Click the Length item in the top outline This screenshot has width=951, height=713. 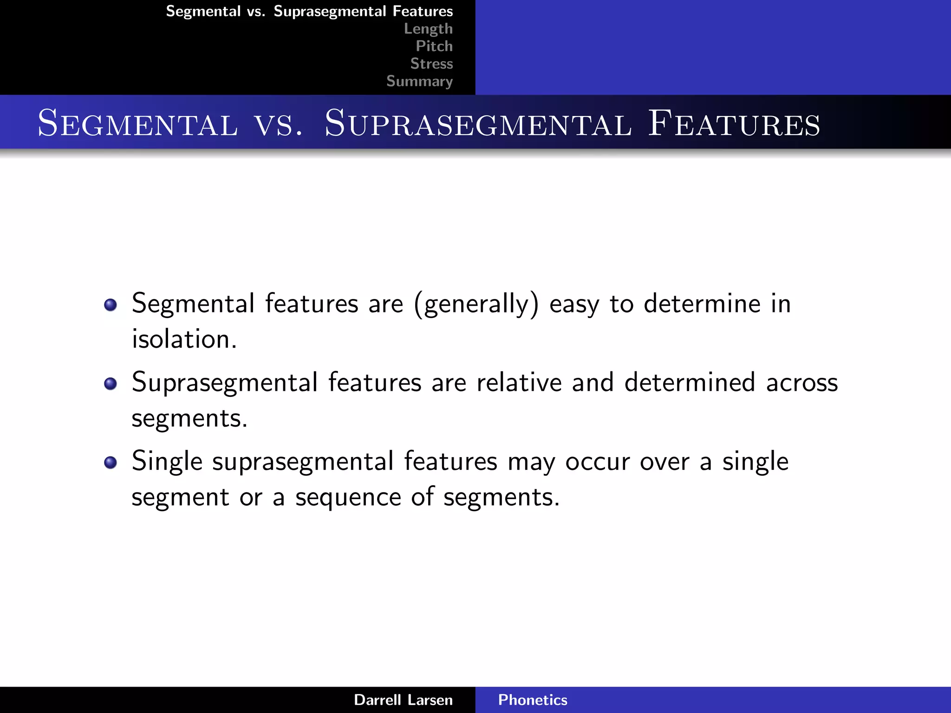[x=428, y=29]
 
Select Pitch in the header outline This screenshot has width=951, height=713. [x=434, y=46]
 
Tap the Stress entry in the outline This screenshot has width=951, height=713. [x=431, y=64]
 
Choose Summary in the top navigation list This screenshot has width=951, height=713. [x=419, y=81]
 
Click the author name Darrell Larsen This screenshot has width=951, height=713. [x=403, y=700]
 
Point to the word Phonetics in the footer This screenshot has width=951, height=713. [x=533, y=700]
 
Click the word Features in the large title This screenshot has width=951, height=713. [x=734, y=123]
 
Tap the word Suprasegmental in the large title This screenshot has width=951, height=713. [x=478, y=123]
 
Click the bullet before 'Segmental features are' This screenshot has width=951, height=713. [x=111, y=305]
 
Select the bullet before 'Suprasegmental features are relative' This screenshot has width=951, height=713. [x=111, y=384]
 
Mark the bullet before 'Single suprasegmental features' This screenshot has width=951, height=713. [x=111, y=463]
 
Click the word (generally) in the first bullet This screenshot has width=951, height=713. [x=476, y=305]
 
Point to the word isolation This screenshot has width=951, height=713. [x=184, y=339]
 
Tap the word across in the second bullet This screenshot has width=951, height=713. [x=802, y=383]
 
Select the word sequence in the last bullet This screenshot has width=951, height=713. [x=348, y=498]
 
